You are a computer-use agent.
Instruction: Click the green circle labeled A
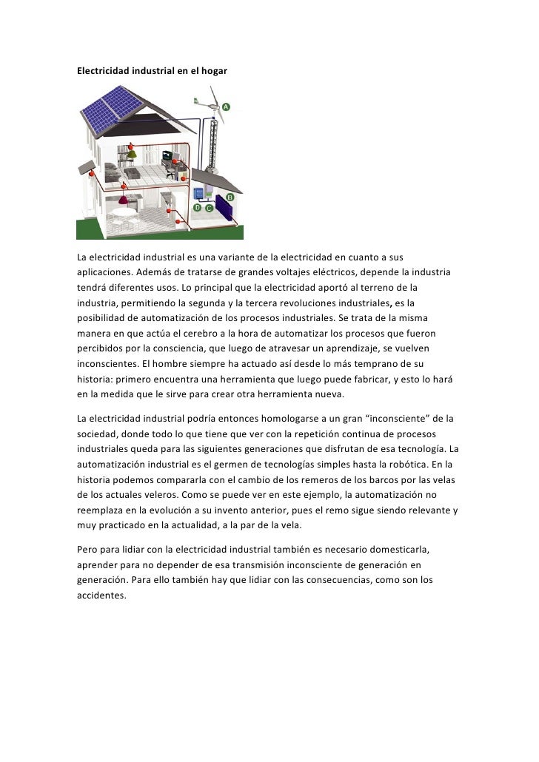coord(226,107)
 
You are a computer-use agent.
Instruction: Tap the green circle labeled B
coord(230,198)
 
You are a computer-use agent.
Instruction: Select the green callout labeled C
coord(209,208)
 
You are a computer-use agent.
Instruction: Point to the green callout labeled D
coord(197,208)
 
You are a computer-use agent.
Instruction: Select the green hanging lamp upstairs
coord(132,155)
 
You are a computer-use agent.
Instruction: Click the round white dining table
coord(124,214)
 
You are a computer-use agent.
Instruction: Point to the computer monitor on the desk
coord(168,155)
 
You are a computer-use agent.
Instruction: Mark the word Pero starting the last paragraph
coord(87,550)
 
